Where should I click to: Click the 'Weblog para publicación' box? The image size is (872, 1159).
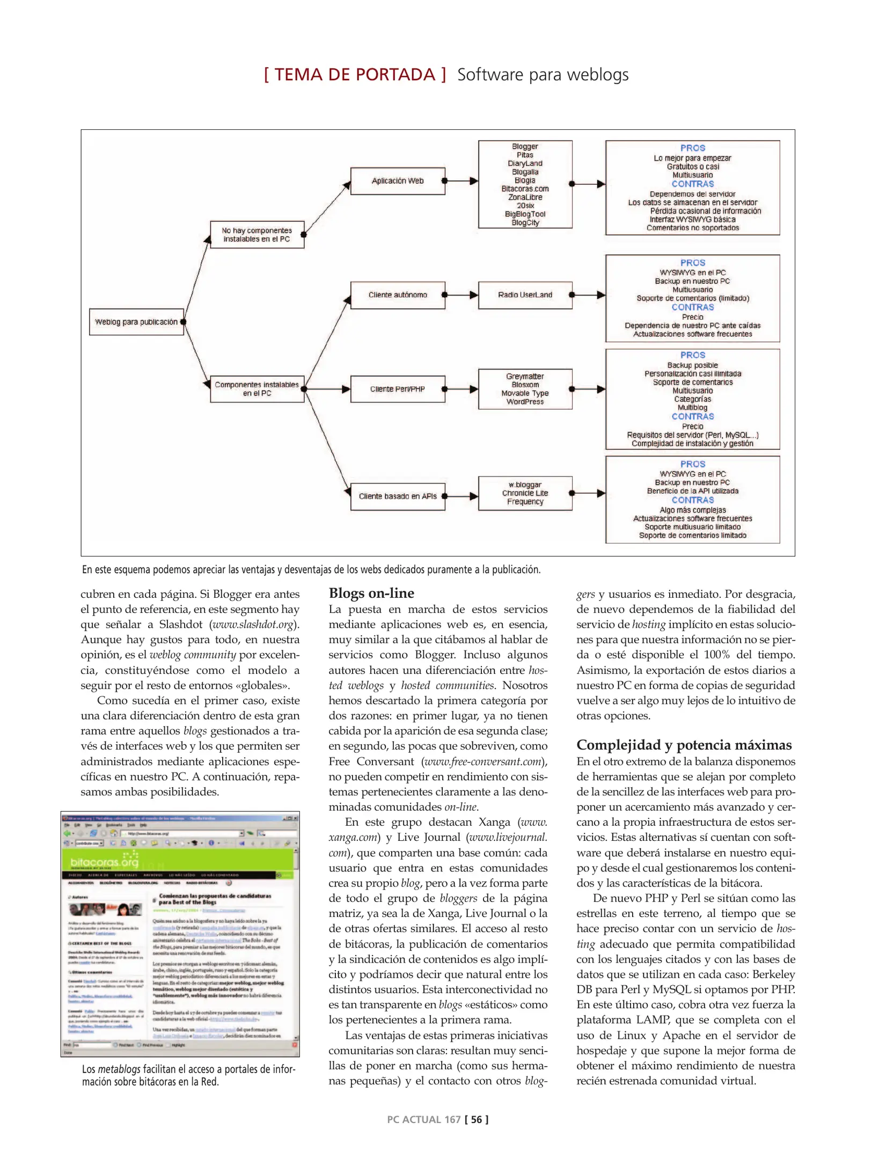pos(136,322)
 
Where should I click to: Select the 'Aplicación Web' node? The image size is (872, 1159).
pos(398,181)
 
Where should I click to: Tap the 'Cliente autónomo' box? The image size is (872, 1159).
pos(398,295)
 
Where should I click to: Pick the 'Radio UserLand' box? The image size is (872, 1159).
pos(525,295)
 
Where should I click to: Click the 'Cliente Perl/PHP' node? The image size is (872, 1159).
pos(398,389)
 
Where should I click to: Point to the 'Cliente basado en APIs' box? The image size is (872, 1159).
pos(398,496)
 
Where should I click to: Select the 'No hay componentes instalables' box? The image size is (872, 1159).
pos(257,234)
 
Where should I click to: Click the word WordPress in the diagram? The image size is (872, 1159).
pos(525,402)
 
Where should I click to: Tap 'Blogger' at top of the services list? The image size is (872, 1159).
pos(525,146)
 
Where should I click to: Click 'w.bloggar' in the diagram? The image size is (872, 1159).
pos(525,485)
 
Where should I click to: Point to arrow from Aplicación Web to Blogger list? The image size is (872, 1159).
pos(461,181)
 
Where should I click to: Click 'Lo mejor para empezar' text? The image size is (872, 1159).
pos(692,158)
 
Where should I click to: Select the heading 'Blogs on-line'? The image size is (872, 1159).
pos(371,593)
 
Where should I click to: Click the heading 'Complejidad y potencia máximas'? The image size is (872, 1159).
pos(684,745)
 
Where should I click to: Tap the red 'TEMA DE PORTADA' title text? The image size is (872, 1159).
pos(355,75)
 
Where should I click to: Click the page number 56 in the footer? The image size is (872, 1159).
pos(477,1119)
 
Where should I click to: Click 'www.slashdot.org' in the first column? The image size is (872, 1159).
pos(253,625)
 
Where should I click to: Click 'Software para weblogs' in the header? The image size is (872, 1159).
pos(543,75)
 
